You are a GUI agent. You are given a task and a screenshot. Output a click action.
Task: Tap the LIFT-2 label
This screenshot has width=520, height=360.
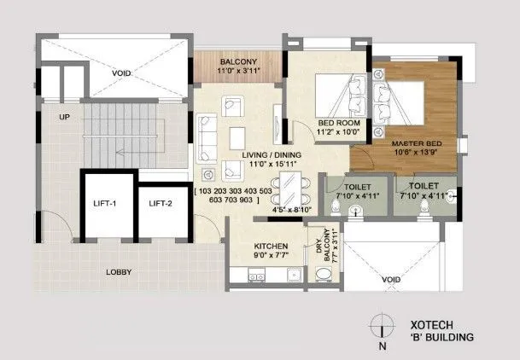click(161, 203)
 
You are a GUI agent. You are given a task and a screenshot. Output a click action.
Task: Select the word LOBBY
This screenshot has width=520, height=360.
click(118, 273)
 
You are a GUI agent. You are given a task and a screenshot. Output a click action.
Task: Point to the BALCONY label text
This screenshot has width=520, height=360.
click(238, 62)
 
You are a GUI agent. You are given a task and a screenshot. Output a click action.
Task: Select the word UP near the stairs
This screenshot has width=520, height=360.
click(63, 116)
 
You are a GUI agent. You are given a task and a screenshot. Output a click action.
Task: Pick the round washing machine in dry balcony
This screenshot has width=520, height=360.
click(324, 273)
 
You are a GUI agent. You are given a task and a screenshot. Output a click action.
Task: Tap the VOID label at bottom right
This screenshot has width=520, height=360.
click(391, 279)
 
